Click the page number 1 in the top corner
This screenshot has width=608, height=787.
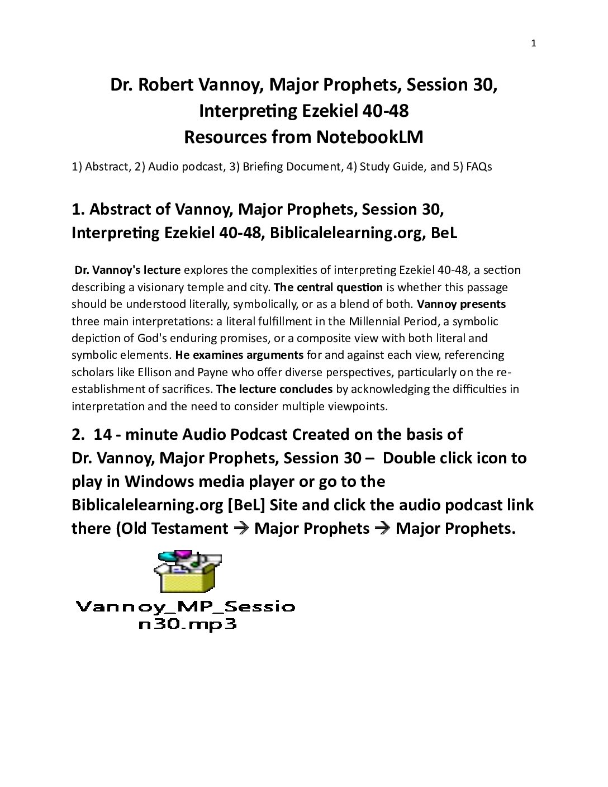533,44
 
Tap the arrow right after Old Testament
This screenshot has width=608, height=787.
241,528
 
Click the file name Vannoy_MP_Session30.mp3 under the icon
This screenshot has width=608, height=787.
185,615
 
